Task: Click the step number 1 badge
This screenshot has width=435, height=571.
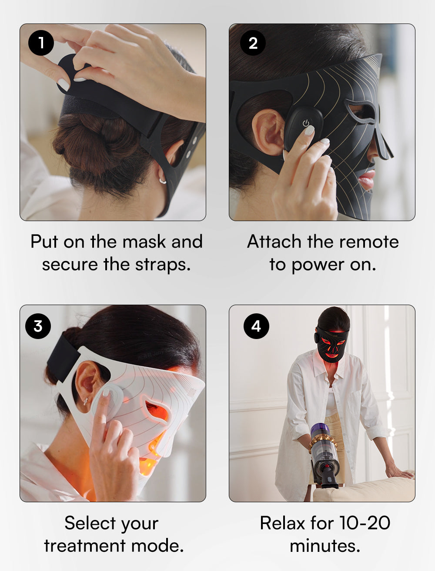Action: point(41,43)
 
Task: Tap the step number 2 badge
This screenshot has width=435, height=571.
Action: point(253,43)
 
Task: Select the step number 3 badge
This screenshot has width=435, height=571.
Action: point(38,326)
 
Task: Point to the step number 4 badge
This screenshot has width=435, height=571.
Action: point(256,326)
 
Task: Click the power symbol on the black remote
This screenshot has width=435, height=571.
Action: point(306,123)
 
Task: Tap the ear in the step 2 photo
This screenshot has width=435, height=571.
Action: point(268,132)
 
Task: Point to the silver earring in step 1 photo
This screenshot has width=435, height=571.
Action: point(163,181)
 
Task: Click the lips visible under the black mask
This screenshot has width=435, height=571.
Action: point(367,179)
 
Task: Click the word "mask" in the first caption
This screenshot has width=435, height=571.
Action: point(144,242)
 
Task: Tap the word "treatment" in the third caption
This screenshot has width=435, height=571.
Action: point(85,546)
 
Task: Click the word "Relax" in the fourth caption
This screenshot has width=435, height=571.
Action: point(282,523)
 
